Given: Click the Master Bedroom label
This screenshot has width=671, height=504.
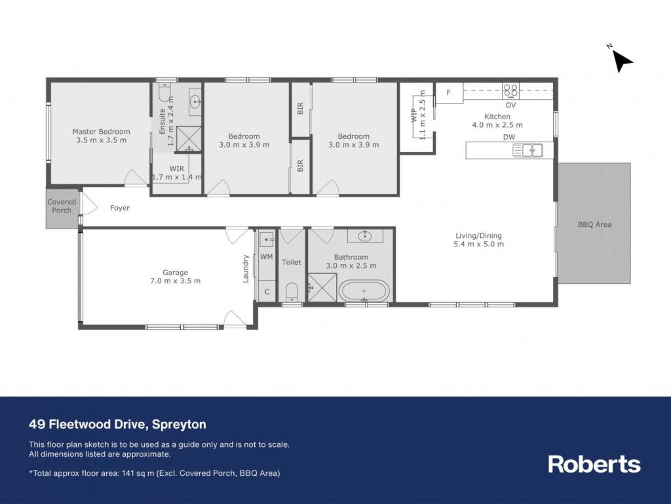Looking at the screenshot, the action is click(x=101, y=132).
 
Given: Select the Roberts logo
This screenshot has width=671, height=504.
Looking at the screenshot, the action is click(x=594, y=464).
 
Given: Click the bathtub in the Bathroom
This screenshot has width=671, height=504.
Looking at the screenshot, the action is click(x=364, y=292).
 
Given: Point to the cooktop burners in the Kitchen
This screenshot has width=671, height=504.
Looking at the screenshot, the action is click(x=510, y=90).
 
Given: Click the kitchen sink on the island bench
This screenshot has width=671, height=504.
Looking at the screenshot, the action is click(x=527, y=151).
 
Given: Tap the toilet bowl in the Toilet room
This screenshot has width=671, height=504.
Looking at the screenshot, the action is click(x=292, y=292).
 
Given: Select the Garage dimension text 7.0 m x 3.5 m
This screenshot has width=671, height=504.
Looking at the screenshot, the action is click(x=175, y=281).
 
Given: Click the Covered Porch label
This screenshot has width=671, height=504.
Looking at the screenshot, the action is click(x=62, y=206).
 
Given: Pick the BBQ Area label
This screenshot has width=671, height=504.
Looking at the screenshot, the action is click(x=594, y=224).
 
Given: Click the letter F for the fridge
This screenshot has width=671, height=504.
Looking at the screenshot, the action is click(x=448, y=92).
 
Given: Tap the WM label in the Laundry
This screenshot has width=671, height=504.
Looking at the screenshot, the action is click(x=266, y=257).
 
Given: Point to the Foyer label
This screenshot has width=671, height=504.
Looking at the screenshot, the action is click(x=120, y=208).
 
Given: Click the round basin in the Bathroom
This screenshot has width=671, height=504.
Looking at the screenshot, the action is click(x=364, y=236).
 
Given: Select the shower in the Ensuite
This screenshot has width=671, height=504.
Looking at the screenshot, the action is click(x=188, y=139).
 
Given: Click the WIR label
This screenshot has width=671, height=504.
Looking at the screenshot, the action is click(x=176, y=168).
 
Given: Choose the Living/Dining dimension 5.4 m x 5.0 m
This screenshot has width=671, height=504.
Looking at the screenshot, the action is click(x=478, y=244).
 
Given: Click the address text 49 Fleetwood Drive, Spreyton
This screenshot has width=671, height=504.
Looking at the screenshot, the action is click(x=118, y=424).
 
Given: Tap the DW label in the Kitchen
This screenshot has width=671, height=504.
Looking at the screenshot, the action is click(x=509, y=137).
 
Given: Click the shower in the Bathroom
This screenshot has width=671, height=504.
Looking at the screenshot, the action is click(x=322, y=288).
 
